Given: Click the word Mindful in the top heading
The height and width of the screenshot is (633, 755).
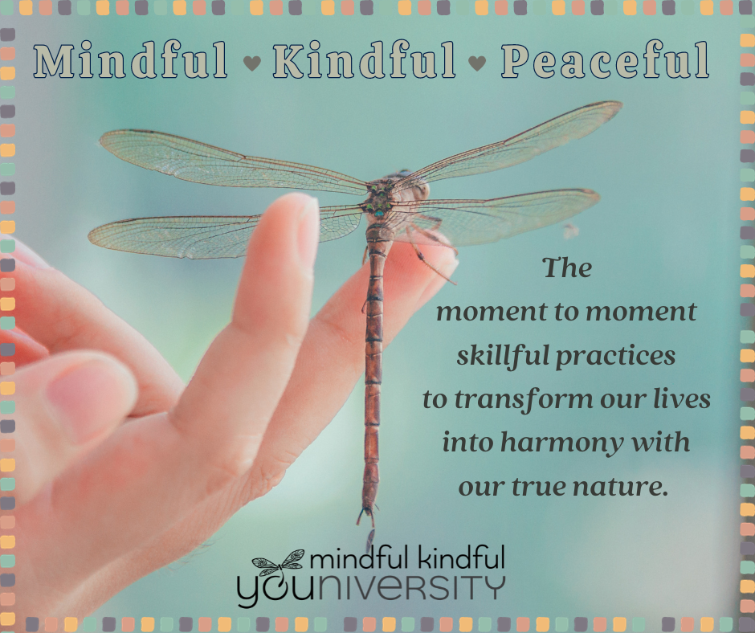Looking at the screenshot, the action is pos(130,59).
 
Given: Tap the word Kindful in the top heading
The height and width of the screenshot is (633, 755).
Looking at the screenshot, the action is pos(364,59).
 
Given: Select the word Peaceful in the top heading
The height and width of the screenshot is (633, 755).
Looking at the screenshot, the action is pos(606,59).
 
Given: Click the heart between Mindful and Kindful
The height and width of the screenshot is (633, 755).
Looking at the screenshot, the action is pos(252,63).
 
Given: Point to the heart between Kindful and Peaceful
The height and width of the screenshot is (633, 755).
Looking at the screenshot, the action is pos(477,63).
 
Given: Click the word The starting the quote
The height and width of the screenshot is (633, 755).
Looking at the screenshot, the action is pos(567,267).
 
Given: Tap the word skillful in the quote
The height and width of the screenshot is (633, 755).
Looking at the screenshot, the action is pos(503,357).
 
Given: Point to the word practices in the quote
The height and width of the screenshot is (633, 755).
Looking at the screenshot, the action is pos(616,357).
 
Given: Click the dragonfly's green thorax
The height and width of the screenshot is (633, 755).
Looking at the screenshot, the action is pos(379,198).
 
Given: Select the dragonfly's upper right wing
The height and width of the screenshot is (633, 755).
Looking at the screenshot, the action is pos(508,145).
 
